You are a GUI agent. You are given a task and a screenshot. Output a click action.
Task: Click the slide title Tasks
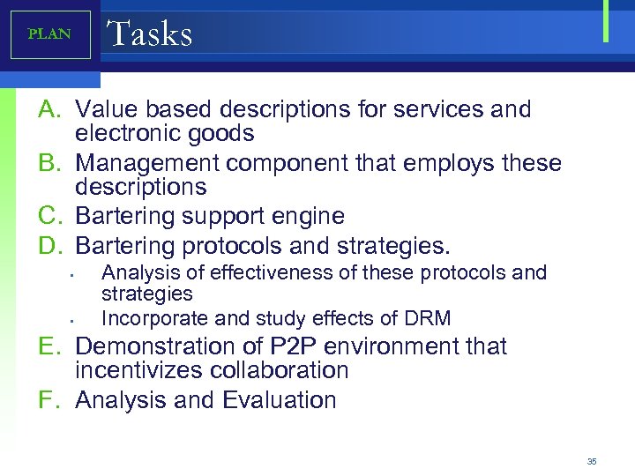[x=149, y=33]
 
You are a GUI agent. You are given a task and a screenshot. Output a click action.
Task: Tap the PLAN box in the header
[x=49, y=34]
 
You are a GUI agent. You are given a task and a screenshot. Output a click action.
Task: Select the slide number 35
[x=592, y=462]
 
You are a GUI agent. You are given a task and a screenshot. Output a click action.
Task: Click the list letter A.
[x=49, y=109]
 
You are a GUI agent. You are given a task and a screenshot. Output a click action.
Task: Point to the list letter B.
[x=49, y=163]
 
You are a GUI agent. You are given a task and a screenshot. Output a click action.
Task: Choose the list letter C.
[x=49, y=216]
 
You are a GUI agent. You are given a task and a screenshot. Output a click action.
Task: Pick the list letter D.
[x=49, y=243]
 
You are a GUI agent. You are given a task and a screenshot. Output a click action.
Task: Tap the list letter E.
[x=49, y=346]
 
